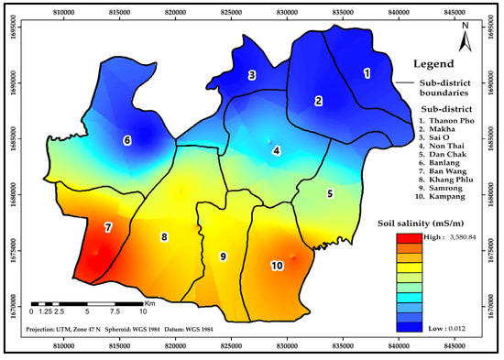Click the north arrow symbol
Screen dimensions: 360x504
(466, 39)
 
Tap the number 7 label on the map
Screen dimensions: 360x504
(108, 226)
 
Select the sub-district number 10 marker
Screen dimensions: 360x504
(277, 266)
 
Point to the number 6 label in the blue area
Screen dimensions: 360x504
(127, 140)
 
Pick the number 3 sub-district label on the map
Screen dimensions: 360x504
(251, 75)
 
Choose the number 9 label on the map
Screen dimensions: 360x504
(223, 256)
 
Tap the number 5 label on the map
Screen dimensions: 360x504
(330, 193)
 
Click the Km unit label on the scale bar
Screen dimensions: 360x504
(149, 302)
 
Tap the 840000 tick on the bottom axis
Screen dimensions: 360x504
(398, 346)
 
